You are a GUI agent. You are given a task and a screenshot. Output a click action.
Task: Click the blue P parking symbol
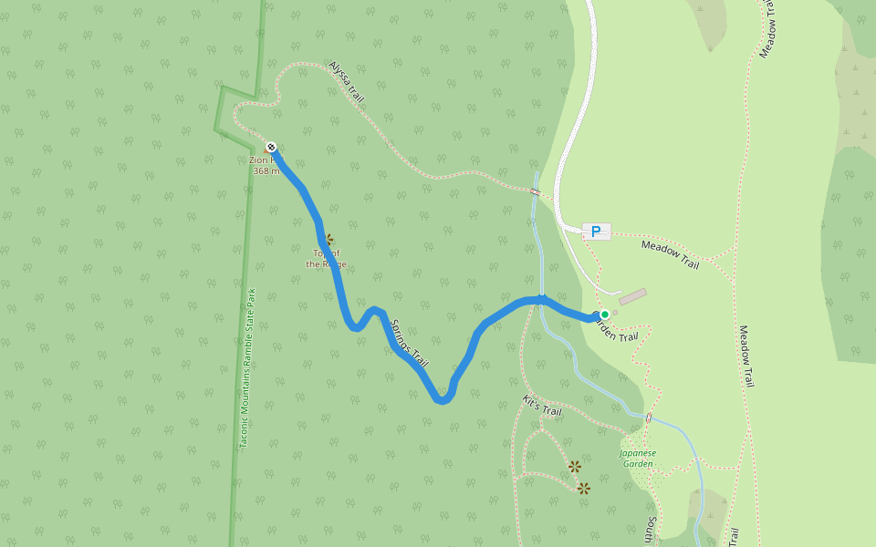pos(596,232)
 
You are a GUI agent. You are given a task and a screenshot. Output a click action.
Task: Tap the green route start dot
pos(604,315)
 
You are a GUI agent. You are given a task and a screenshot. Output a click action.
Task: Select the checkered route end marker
pos(271,147)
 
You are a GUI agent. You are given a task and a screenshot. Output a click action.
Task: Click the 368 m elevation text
pos(266,170)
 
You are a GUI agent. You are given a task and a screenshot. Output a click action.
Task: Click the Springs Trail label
pos(409,343)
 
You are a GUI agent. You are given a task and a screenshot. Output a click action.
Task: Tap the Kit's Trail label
pos(542,406)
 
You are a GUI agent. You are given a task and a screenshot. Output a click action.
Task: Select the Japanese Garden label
pos(637,458)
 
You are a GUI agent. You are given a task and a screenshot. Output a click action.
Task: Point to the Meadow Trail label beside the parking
pos(670,254)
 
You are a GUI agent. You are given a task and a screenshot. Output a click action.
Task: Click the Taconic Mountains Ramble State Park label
pos(246,368)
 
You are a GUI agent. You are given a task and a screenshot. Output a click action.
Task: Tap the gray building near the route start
pos(632,297)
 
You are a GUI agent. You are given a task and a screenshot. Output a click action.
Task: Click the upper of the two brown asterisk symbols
pos(575,467)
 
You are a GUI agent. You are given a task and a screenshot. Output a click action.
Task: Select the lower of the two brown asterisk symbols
pos(584,489)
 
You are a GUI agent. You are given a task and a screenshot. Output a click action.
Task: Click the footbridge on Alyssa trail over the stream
pos(535,191)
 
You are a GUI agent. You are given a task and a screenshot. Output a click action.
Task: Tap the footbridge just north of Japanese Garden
pos(649,418)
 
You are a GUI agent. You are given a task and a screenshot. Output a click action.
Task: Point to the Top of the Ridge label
pos(326,259)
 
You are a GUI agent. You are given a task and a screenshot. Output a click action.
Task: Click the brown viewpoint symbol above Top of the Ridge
pos(328,239)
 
